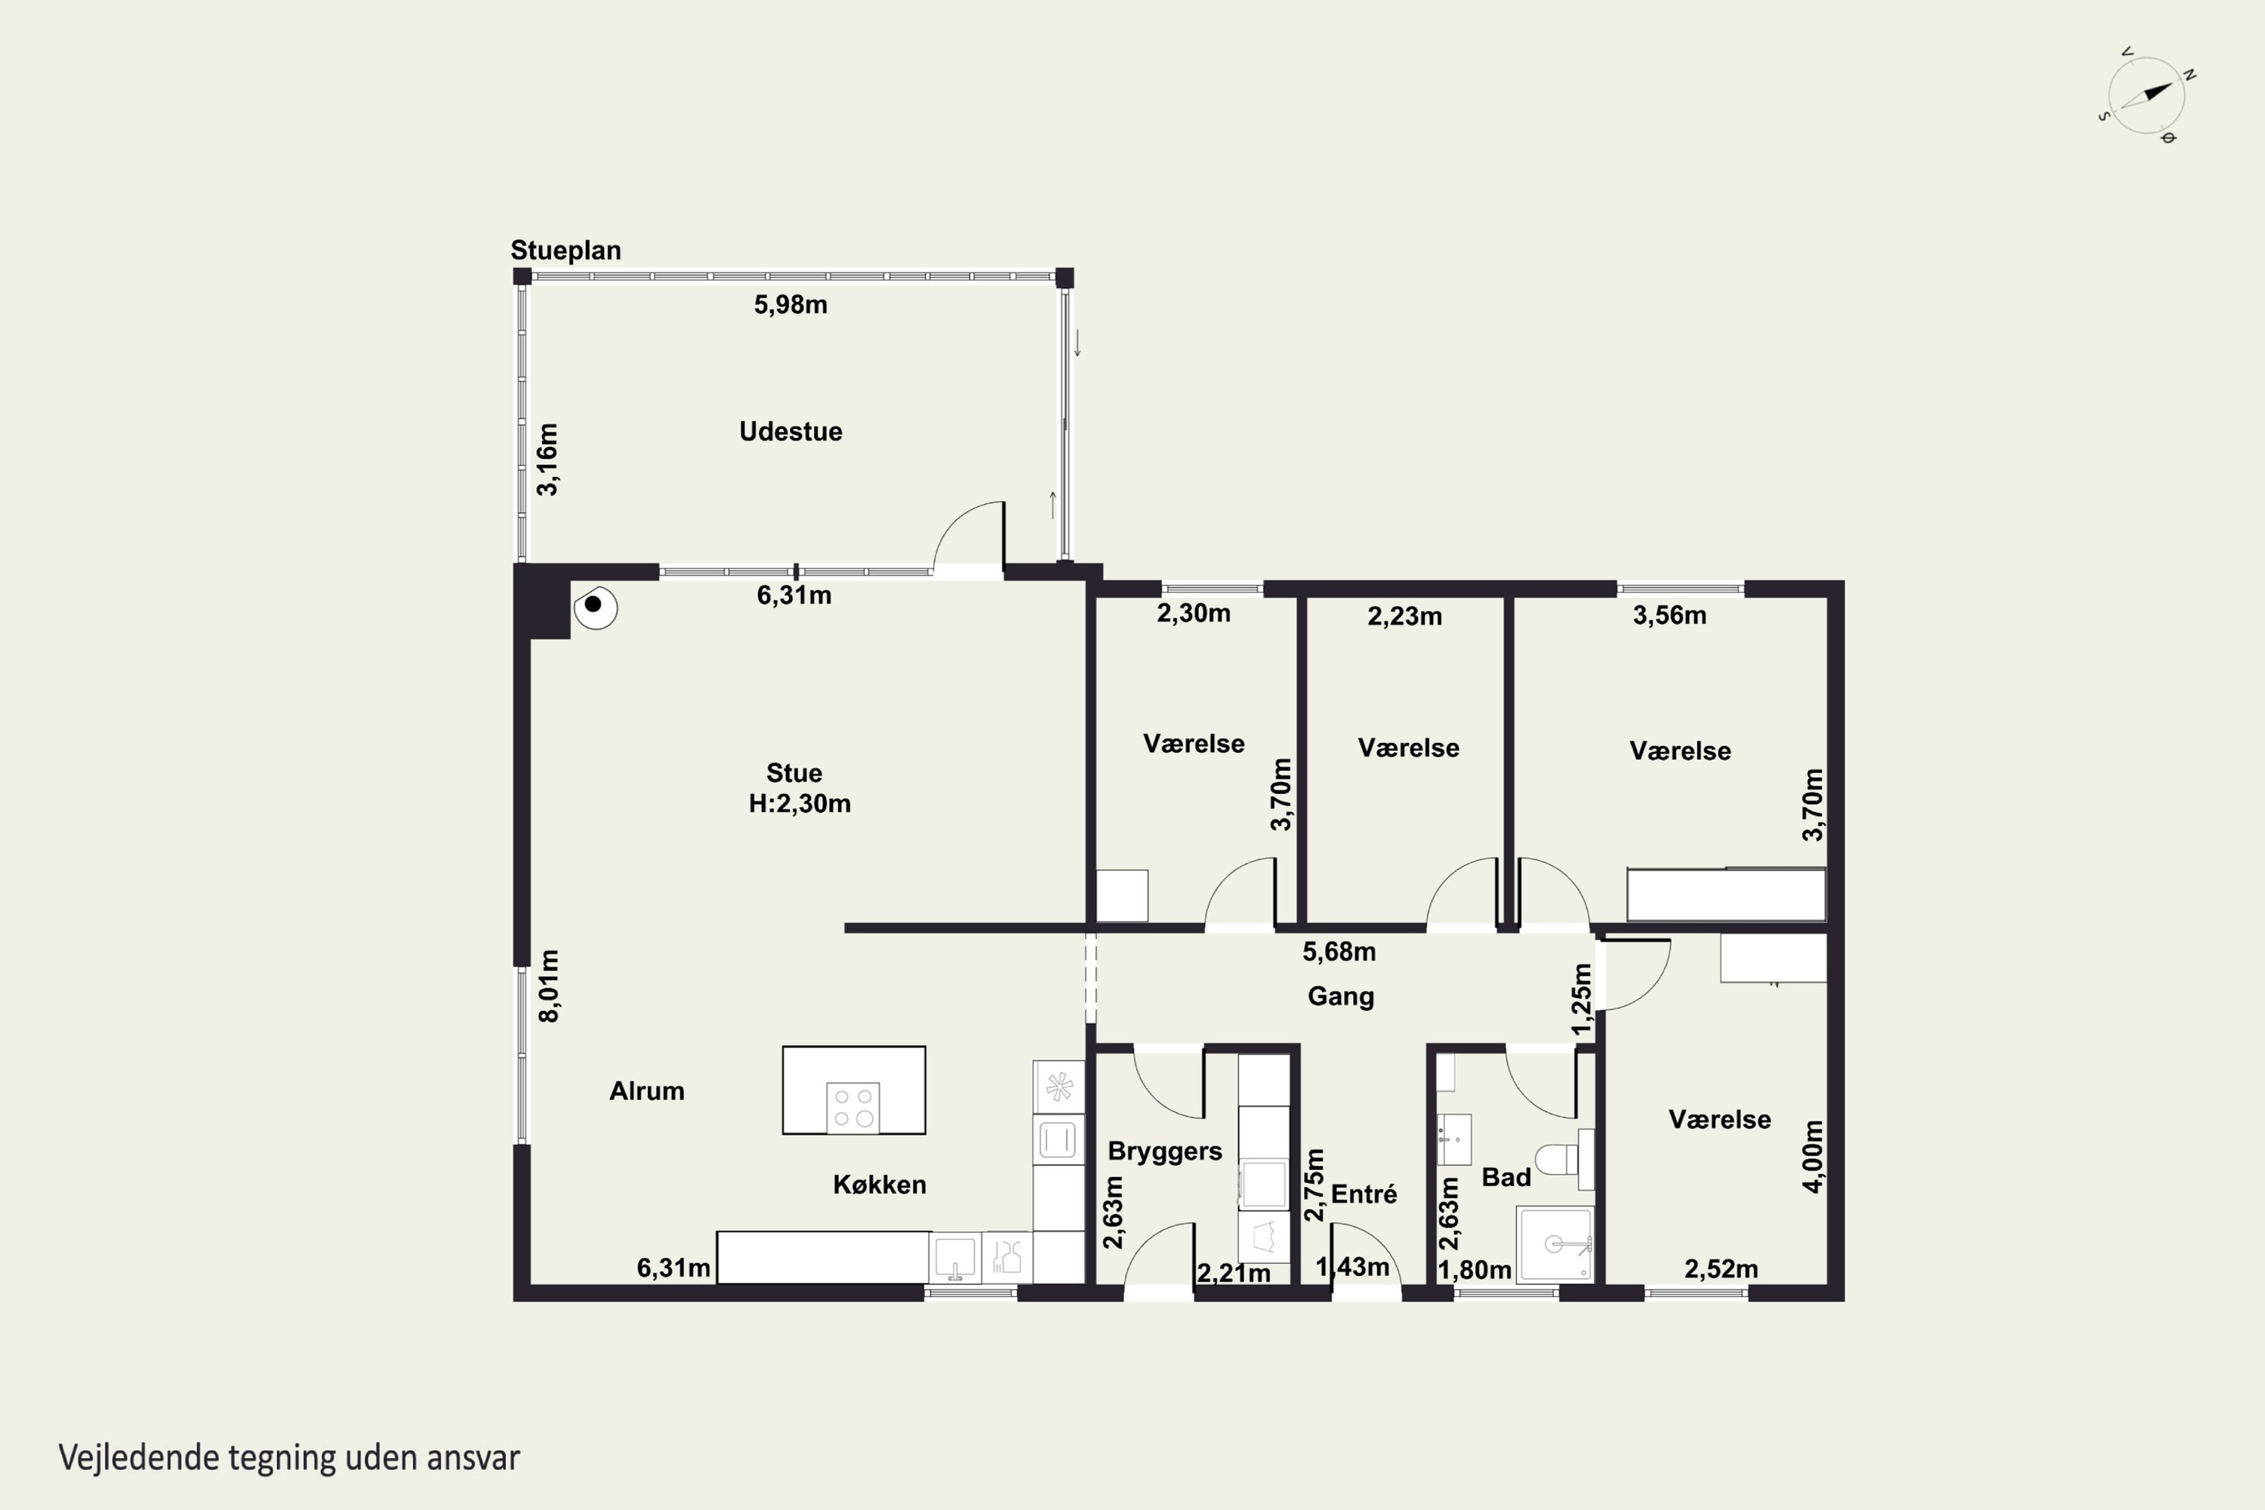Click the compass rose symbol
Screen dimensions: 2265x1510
(x=2146, y=95)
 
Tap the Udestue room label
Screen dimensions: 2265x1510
(x=790, y=431)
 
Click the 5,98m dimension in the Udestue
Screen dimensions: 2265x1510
(x=790, y=304)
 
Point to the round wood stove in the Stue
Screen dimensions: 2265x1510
(x=595, y=607)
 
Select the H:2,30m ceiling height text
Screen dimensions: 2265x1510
(x=800, y=803)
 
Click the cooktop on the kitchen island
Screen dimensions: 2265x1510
(x=852, y=1108)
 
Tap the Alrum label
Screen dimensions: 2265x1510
(x=647, y=1091)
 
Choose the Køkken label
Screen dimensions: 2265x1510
(x=880, y=1185)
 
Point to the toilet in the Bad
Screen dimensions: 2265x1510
(x=1564, y=1158)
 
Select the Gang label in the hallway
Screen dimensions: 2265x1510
(x=1341, y=997)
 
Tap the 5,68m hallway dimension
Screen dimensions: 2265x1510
(x=1339, y=951)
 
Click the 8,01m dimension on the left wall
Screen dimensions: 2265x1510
(x=549, y=986)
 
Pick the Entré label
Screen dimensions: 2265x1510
(x=1364, y=1194)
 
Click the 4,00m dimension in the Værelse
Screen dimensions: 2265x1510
(x=1813, y=1157)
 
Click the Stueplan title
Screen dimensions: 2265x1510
(x=565, y=251)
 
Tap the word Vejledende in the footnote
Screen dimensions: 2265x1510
(x=139, y=1458)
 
